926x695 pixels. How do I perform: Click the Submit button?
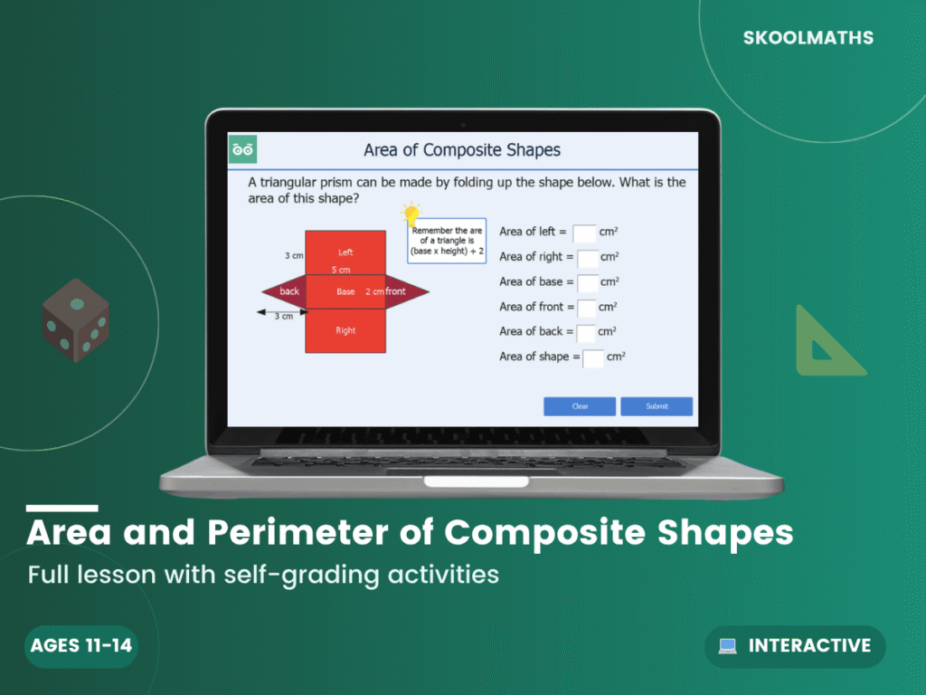657,406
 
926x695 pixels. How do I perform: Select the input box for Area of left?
584,233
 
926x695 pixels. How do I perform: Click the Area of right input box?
588,258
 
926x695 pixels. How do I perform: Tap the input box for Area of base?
588,283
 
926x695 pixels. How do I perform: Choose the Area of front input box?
587,308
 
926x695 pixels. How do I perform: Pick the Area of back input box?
586,332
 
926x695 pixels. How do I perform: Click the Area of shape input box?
593,357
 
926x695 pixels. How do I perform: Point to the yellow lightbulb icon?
412,214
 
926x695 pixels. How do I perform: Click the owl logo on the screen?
242,149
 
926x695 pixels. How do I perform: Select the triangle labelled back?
286,291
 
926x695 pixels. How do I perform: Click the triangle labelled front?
403,291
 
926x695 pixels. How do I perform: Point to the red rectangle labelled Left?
345,252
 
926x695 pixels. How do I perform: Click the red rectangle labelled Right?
345,330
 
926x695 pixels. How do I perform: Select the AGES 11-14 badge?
80,646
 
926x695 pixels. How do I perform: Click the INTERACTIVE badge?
795,646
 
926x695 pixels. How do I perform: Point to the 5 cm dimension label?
341,270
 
